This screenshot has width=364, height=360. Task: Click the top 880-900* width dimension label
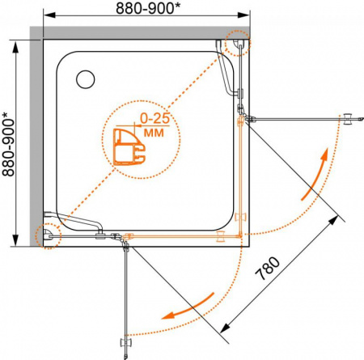coord(148,8)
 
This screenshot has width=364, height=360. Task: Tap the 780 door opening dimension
coord(268,269)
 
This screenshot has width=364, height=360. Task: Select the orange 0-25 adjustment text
coord(155,118)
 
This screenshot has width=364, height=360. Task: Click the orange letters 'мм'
coord(154,133)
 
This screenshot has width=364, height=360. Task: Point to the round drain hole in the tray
coord(86,79)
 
